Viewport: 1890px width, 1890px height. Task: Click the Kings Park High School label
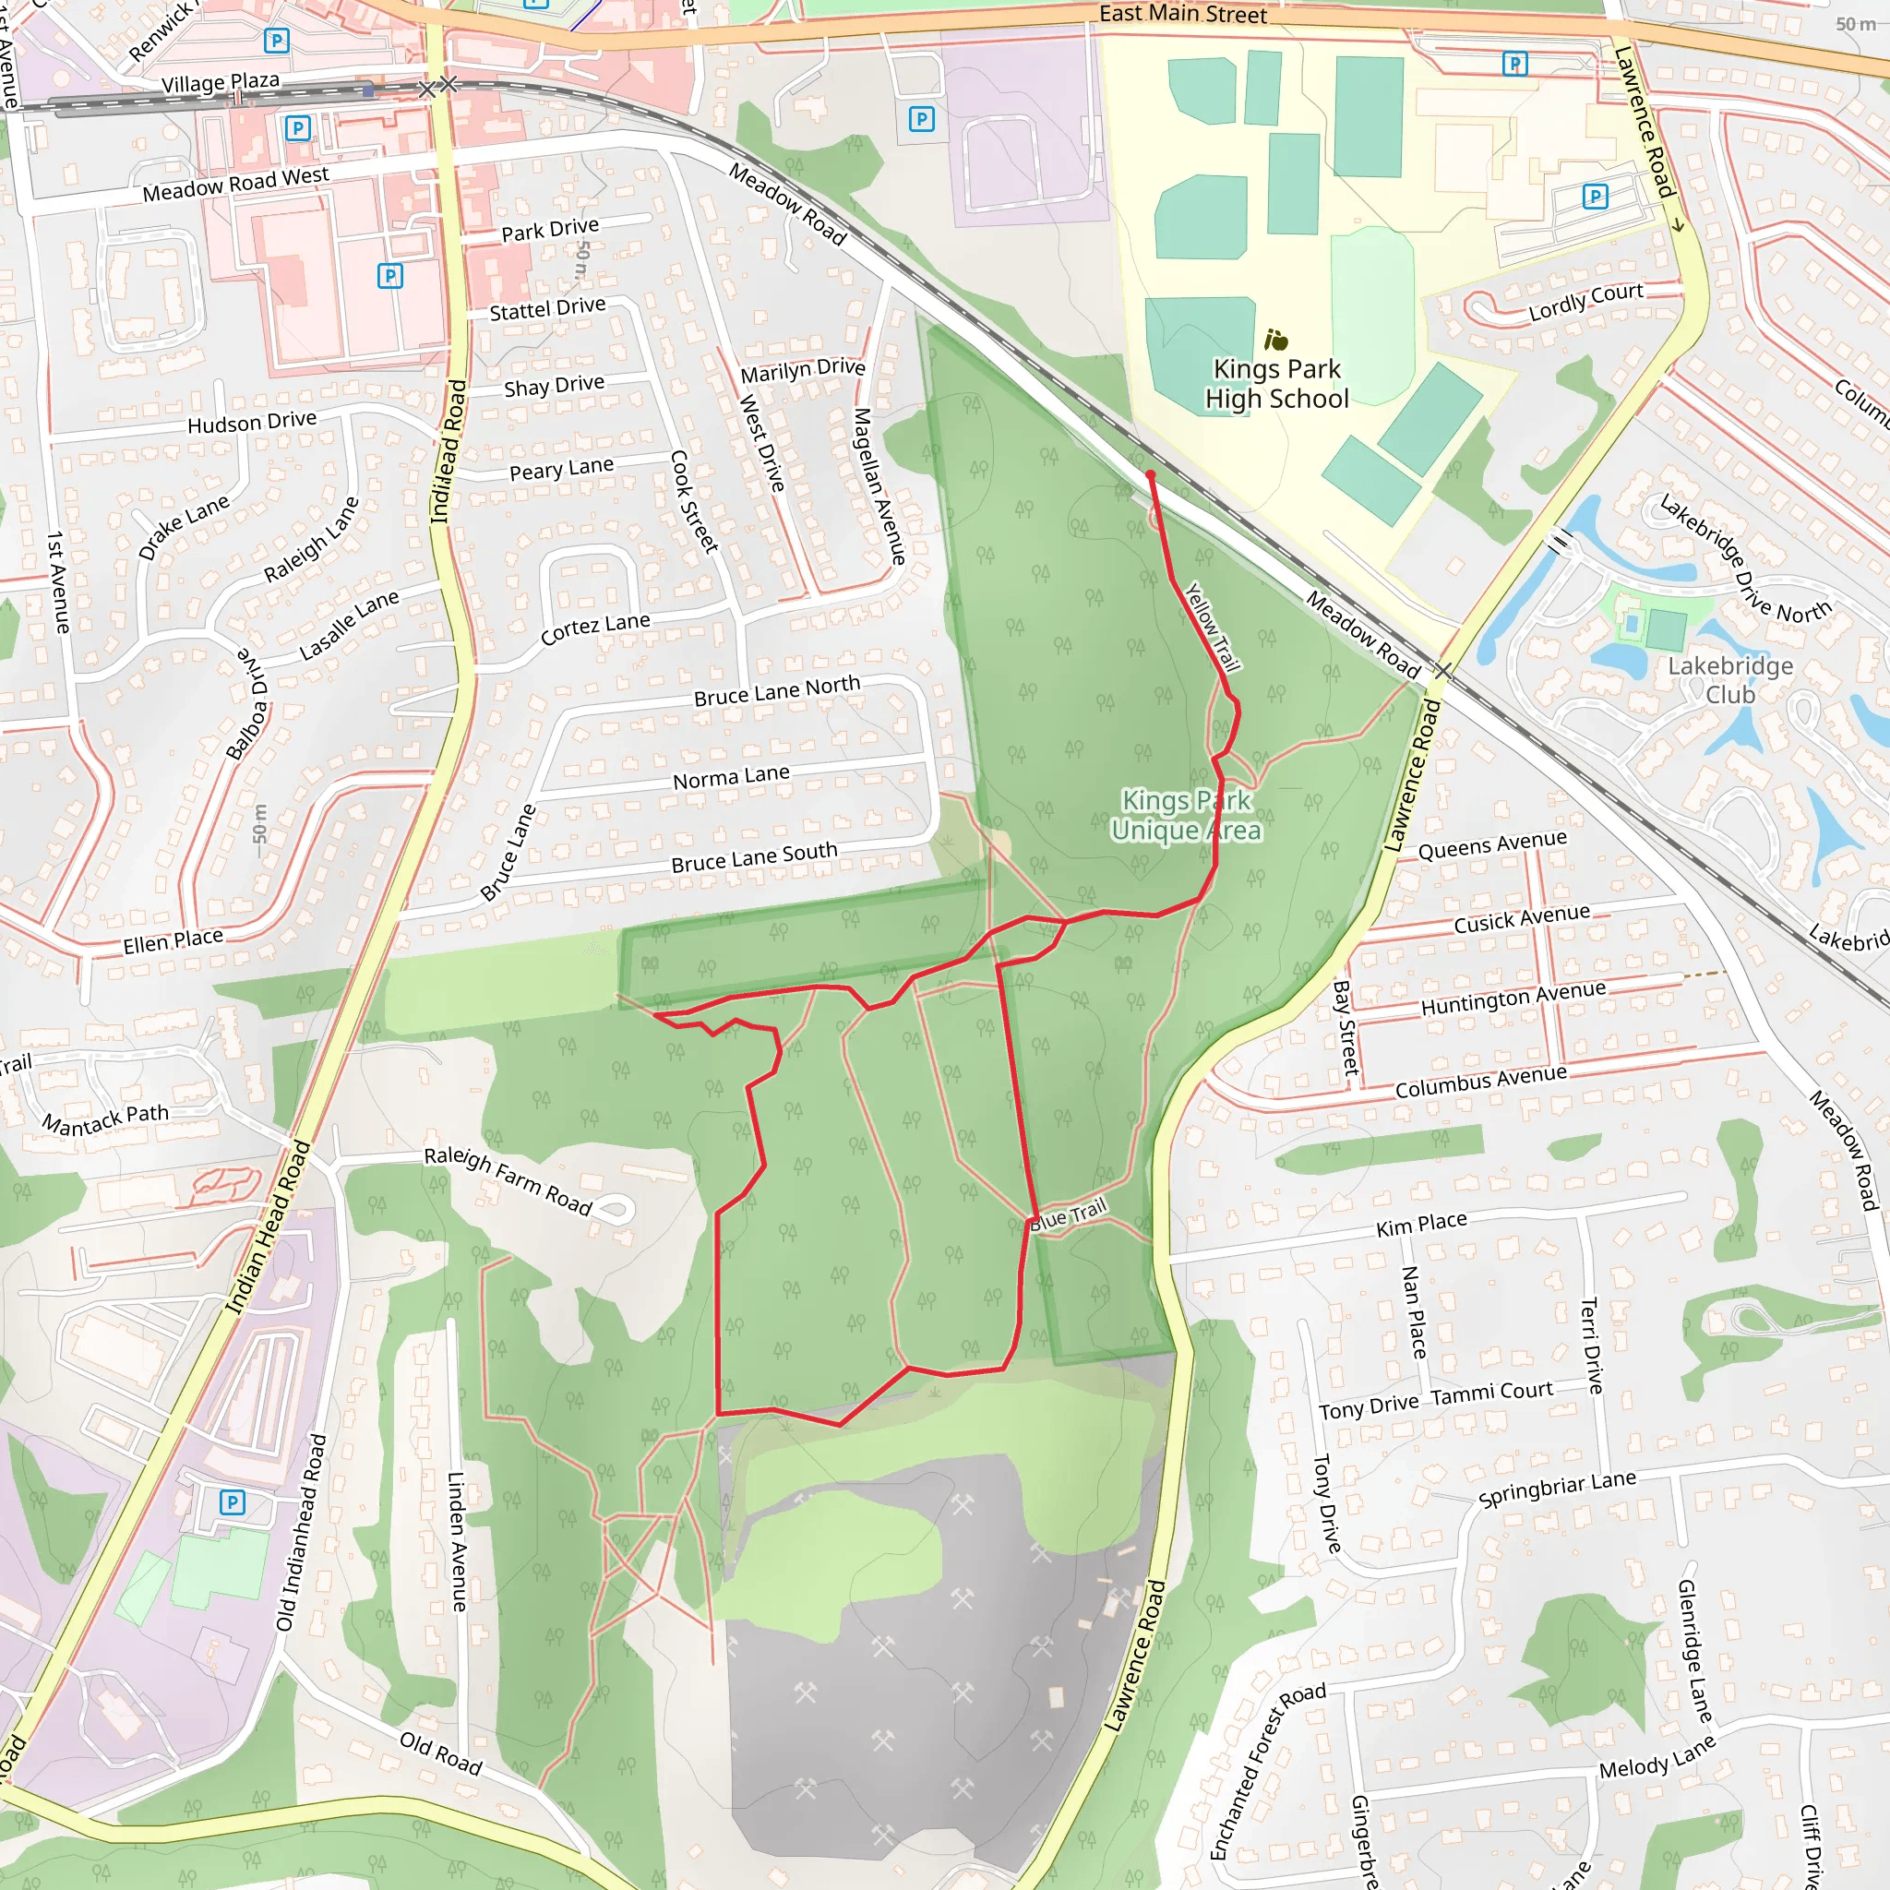[1276, 384]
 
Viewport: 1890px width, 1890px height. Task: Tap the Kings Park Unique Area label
[1186, 815]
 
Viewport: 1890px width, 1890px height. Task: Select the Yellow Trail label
[1213, 627]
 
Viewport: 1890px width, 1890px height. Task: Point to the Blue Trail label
[1069, 1214]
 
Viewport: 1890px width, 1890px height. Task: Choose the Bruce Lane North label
[777, 690]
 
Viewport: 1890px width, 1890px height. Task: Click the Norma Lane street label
[731, 778]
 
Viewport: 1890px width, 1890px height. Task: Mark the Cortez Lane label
[595, 628]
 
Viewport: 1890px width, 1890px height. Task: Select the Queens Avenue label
[1492, 845]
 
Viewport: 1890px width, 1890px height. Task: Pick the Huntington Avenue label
[1513, 998]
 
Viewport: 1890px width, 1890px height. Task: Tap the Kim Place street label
[1421, 1224]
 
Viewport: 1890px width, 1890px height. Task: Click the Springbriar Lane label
[1557, 1488]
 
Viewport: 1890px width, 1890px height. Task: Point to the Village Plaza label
[221, 82]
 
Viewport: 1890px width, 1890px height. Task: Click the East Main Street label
[1183, 14]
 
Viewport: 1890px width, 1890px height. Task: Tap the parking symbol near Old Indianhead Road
[232, 1501]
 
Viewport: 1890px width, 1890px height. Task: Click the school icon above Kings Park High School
[1276, 340]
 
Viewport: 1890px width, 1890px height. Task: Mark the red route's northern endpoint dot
[1151, 475]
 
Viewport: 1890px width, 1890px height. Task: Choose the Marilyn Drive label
[802, 370]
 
